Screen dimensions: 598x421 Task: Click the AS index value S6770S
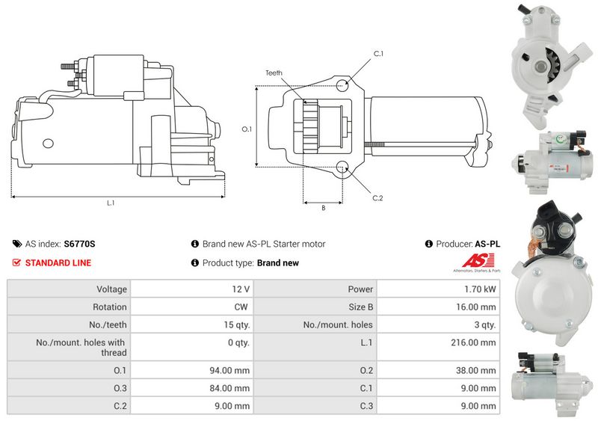point(79,244)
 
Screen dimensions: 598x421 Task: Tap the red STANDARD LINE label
point(58,263)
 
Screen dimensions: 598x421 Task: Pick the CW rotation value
point(241,307)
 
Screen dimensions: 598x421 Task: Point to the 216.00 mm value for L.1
point(473,342)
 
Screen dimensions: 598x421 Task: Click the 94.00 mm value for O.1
point(229,370)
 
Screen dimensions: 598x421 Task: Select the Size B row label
point(361,307)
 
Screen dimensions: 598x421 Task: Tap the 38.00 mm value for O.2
point(476,370)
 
